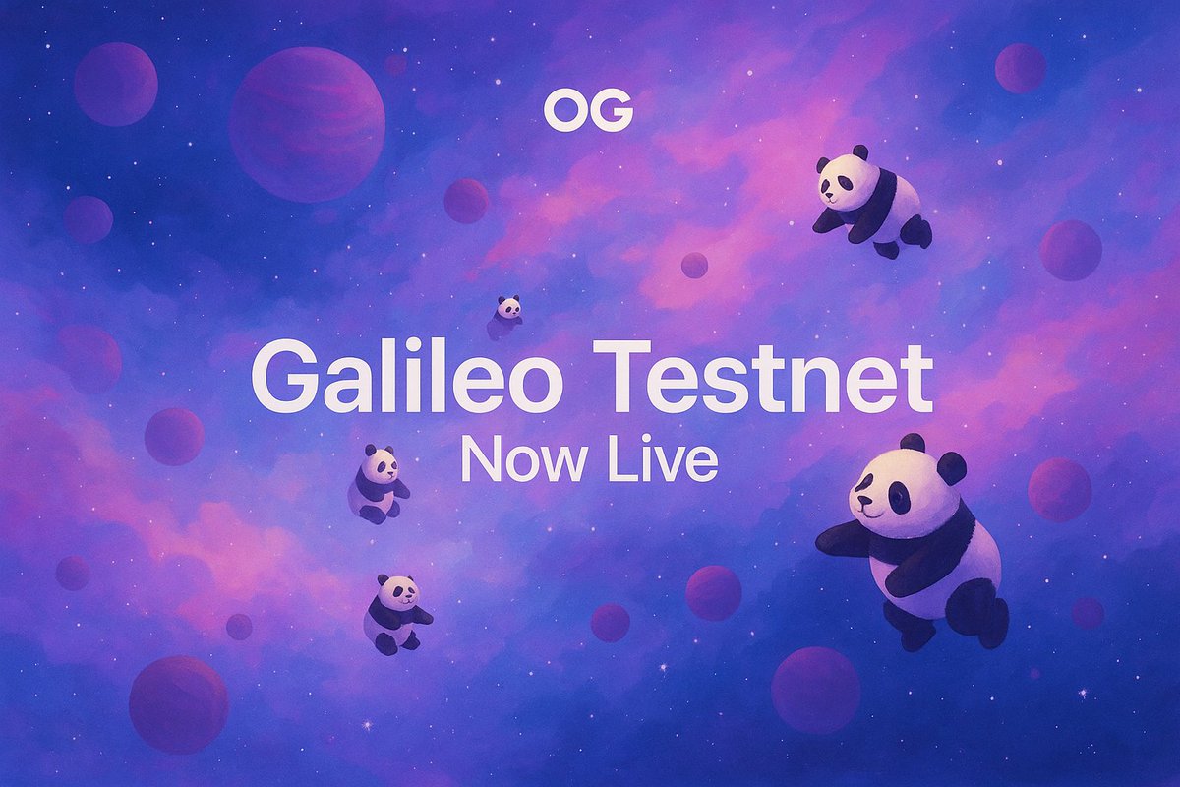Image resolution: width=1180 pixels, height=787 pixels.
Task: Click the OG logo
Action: [588, 113]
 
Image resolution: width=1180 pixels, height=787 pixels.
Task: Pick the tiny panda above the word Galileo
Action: [507, 310]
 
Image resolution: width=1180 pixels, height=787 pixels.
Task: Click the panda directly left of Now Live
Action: [379, 482]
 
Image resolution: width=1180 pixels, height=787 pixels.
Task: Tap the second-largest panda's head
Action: [845, 177]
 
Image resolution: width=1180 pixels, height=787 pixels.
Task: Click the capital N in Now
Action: [483, 458]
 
